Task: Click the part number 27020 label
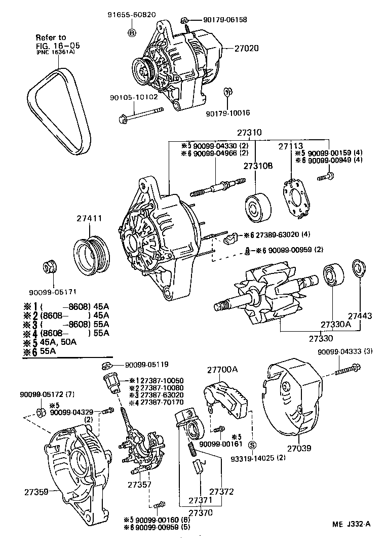click(x=247, y=49)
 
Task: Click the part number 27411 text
click(x=90, y=219)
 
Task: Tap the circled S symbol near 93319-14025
click(x=253, y=445)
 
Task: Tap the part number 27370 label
click(x=202, y=512)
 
